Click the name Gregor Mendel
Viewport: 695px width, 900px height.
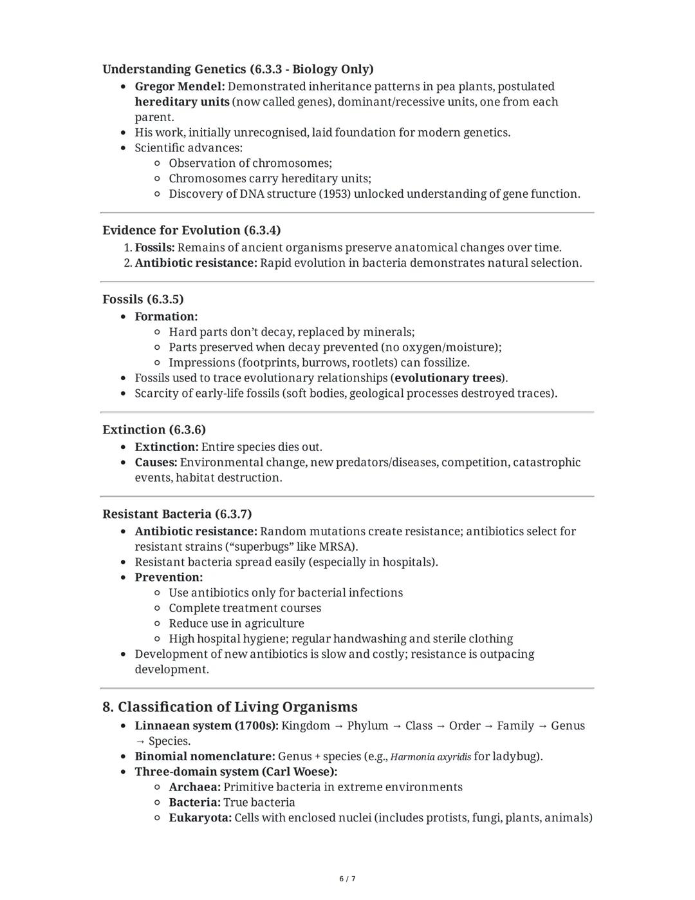tap(178, 86)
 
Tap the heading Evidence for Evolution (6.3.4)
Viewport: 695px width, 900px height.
tap(191, 230)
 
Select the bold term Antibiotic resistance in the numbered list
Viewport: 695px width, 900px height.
tap(195, 263)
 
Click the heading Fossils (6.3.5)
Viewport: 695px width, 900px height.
tap(143, 299)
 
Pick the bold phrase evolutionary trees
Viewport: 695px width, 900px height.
tap(448, 378)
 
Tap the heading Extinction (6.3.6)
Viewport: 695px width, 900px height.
tap(154, 430)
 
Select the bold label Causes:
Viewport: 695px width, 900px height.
tap(156, 463)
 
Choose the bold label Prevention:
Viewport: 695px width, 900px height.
tap(169, 577)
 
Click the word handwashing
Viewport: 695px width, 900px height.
tap(369, 639)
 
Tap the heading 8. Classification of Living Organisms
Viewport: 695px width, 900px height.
tap(230, 707)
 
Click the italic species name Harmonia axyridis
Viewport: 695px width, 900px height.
tap(431, 757)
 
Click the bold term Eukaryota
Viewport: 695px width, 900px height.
tap(199, 818)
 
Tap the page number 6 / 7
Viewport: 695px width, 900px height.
tap(347, 879)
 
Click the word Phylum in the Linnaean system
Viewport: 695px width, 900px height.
tap(367, 726)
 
